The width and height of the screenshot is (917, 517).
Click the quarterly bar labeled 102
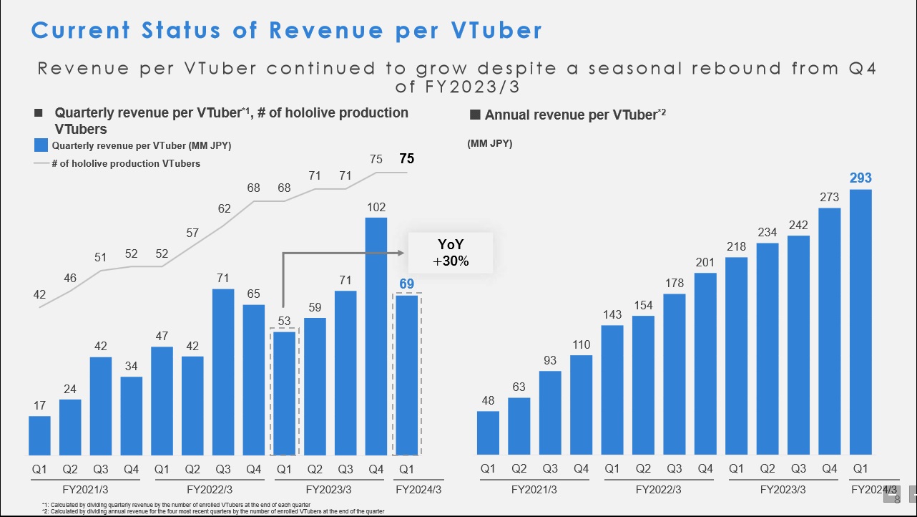[376, 337]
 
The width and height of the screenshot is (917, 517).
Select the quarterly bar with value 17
[40, 435]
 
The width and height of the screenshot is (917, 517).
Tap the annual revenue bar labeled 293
[860, 322]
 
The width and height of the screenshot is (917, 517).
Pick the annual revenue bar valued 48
[488, 433]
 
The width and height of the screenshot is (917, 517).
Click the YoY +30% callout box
[451, 253]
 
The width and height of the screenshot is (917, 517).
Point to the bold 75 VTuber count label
[406, 159]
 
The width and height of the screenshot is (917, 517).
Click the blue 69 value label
[406, 284]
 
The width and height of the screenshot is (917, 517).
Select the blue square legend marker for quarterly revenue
[41, 146]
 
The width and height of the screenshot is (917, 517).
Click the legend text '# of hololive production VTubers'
[126, 163]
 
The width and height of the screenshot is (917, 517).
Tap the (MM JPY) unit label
[490, 143]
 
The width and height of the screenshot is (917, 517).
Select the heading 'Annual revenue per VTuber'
[571, 115]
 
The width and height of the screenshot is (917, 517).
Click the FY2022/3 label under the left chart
[210, 490]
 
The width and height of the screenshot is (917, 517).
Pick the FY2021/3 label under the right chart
[534, 490]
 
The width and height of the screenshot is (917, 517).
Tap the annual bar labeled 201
[705, 364]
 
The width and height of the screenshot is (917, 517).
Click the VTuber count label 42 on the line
[39, 294]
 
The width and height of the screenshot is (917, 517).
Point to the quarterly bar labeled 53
[284, 393]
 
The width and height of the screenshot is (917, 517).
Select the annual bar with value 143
[612, 390]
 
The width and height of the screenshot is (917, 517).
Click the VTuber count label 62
[225, 208]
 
